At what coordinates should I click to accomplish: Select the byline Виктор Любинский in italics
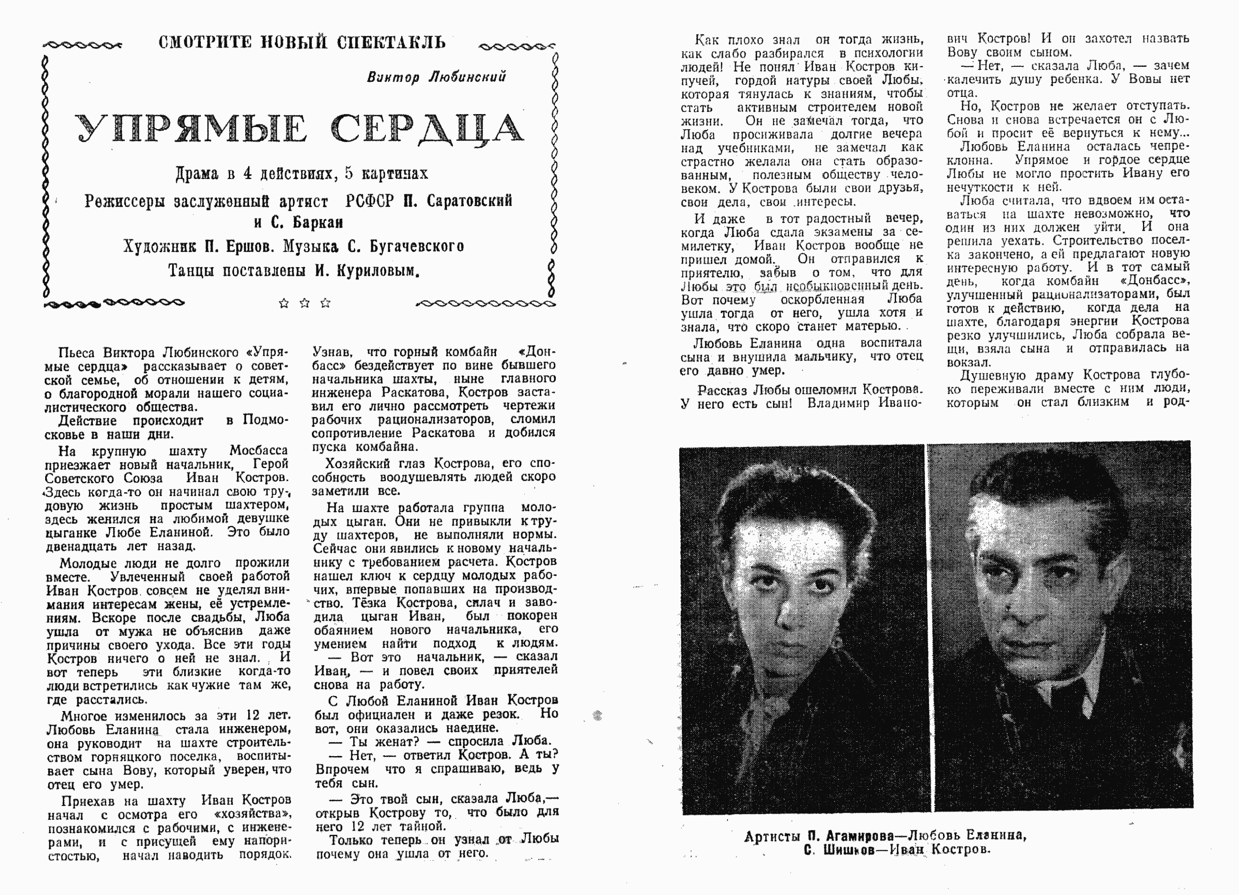tap(436, 77)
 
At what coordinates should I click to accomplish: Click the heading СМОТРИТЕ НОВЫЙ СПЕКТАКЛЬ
tap(302, 42)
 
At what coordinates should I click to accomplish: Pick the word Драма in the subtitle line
tap(196, 174)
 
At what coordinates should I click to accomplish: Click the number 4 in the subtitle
tap(247, 174)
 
